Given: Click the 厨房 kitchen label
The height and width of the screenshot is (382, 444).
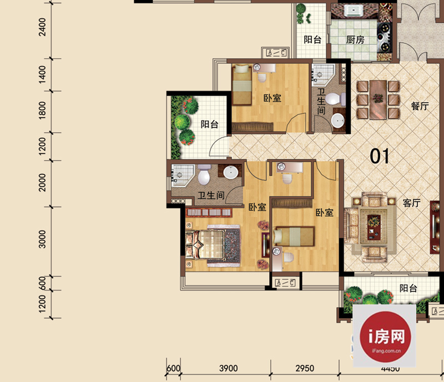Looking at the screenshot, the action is click(355, 39).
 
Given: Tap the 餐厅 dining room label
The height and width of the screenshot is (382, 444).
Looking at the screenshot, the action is click(420, 106).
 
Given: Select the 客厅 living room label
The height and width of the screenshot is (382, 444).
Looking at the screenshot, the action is click(411, 203).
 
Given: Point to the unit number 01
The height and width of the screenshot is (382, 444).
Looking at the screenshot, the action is click(380, 156).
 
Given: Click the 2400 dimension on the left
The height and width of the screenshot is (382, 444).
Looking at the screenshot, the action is click(43, 27).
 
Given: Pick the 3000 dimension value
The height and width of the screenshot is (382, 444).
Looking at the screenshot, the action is click(42, 239).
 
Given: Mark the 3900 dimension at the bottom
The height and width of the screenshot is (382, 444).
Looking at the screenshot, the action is click(228, 368).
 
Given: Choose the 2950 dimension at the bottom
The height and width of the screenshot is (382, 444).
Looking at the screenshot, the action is click(305, 368).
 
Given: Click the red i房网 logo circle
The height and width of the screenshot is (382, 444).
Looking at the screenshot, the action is click(385, 336).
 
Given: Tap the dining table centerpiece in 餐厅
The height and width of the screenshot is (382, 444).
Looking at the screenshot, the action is click(378, 98).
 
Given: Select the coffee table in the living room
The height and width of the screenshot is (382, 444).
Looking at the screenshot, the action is click(374, 227).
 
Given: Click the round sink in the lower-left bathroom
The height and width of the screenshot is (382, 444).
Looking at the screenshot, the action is click(231, 172).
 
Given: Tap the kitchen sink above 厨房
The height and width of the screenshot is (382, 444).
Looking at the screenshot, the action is click(353, 11).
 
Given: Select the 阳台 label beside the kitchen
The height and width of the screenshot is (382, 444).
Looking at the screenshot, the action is click(312, 39).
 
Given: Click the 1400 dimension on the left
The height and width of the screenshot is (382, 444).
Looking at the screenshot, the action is click(42, 74).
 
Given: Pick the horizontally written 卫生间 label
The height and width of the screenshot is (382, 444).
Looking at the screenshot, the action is click(211, 195).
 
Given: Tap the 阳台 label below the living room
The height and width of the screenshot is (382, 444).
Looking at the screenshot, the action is click(408, 288).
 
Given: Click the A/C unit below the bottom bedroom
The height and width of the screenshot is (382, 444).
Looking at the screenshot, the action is click(285, 283).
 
